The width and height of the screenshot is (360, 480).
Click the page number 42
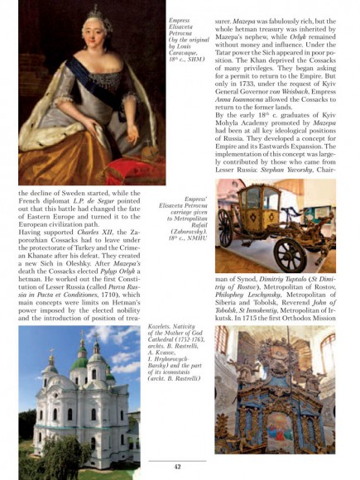pos(178,468)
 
